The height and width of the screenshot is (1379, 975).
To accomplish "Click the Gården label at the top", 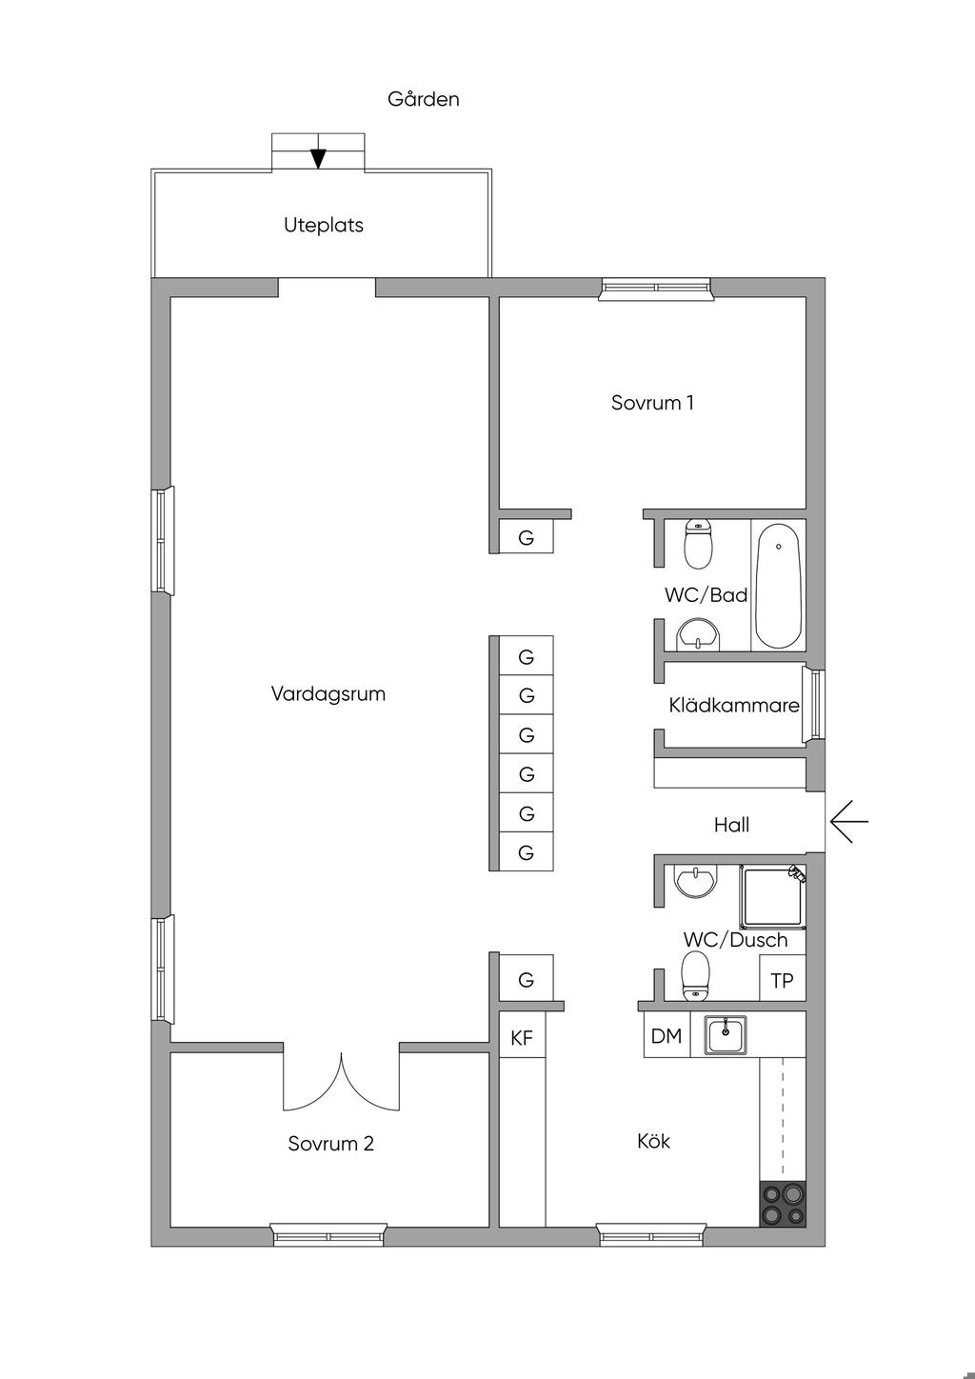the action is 424,99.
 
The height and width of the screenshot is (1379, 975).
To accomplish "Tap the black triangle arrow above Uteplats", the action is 318,159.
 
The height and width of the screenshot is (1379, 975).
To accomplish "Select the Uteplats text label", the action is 324,226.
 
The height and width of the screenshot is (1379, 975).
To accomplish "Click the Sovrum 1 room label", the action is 652,403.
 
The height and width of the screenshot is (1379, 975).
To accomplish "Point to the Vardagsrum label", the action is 328,694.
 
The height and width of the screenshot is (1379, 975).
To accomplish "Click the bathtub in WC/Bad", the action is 778,586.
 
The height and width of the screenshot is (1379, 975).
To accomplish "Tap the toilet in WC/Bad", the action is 698,544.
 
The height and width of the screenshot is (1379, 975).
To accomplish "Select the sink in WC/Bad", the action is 698,634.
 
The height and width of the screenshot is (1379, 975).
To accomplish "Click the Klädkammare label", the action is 734,705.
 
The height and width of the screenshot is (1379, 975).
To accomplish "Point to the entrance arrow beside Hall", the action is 848,821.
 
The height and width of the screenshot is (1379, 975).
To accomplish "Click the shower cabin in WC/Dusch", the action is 772,897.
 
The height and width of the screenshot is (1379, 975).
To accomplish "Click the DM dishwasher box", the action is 667,1036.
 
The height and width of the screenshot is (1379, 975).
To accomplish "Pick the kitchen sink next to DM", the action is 726,1035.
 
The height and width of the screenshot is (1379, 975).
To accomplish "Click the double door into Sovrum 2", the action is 341,1083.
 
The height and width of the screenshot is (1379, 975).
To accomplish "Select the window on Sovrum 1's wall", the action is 655,289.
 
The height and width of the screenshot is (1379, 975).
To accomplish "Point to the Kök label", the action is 654,1141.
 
